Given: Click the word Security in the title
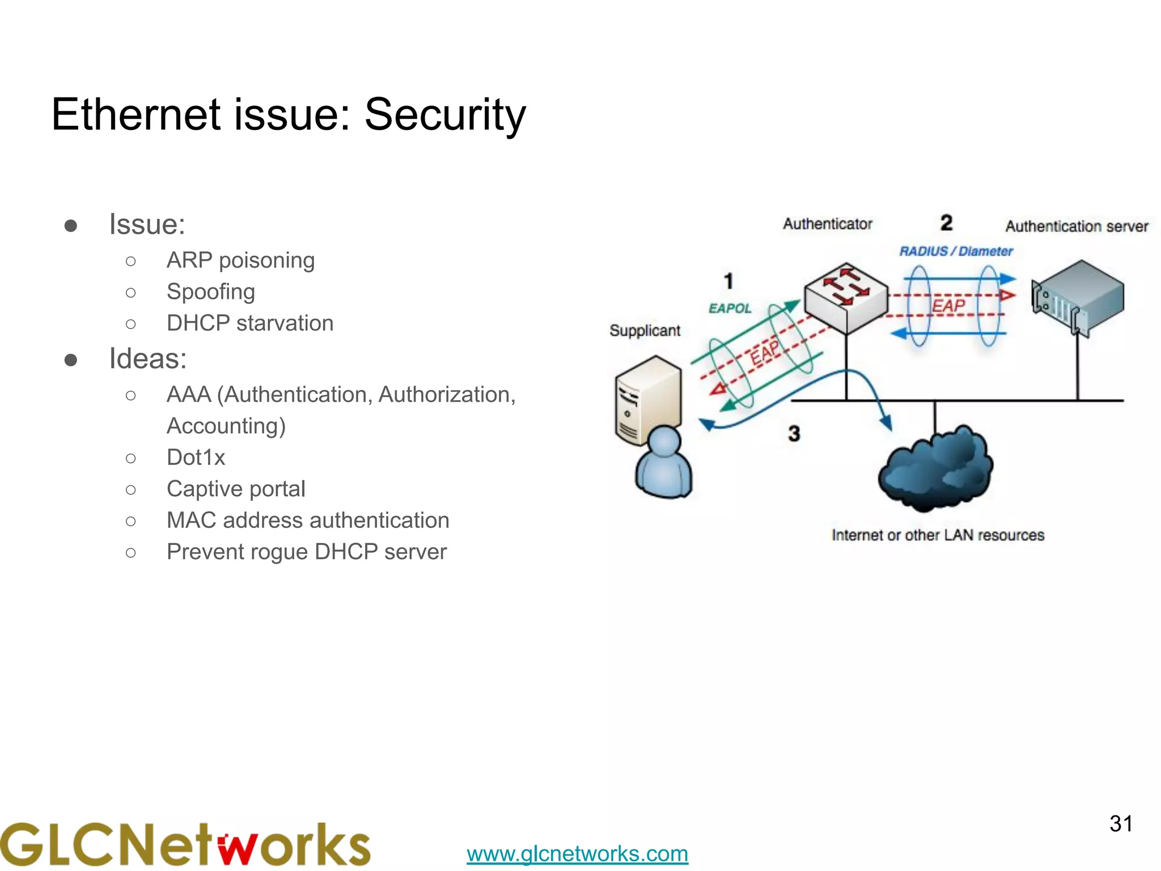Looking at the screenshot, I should click(x=445, y=115).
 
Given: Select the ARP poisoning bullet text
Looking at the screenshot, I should click(x=240, y=260).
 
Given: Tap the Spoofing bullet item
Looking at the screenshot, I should click(x=210, y=291).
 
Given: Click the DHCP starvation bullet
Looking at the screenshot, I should click(x=249, y=323).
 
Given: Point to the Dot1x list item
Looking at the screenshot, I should click(x=196, y=457).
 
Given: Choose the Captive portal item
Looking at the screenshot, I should click(x=236, y=489).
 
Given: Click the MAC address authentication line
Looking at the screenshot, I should click(x=307, y=520).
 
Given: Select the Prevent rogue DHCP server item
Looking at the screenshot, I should click(x=306, y=552).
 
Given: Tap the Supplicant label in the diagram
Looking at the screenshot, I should click(x=645, y=331).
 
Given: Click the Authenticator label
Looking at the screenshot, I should click(x=827, y=224).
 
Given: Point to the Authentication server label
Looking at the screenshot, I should click(x=1076, y=226).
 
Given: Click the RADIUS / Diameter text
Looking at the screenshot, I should click(x=956, y=251).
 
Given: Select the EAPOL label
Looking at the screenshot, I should click(x=730, y=308).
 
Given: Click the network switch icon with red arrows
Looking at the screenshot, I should click(x=846, y=296).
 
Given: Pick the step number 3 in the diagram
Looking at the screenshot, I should click(x=794, y=434).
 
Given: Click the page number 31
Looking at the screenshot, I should click(x=1120, y=823).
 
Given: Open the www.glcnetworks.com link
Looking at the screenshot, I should click(x=577, y=853).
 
